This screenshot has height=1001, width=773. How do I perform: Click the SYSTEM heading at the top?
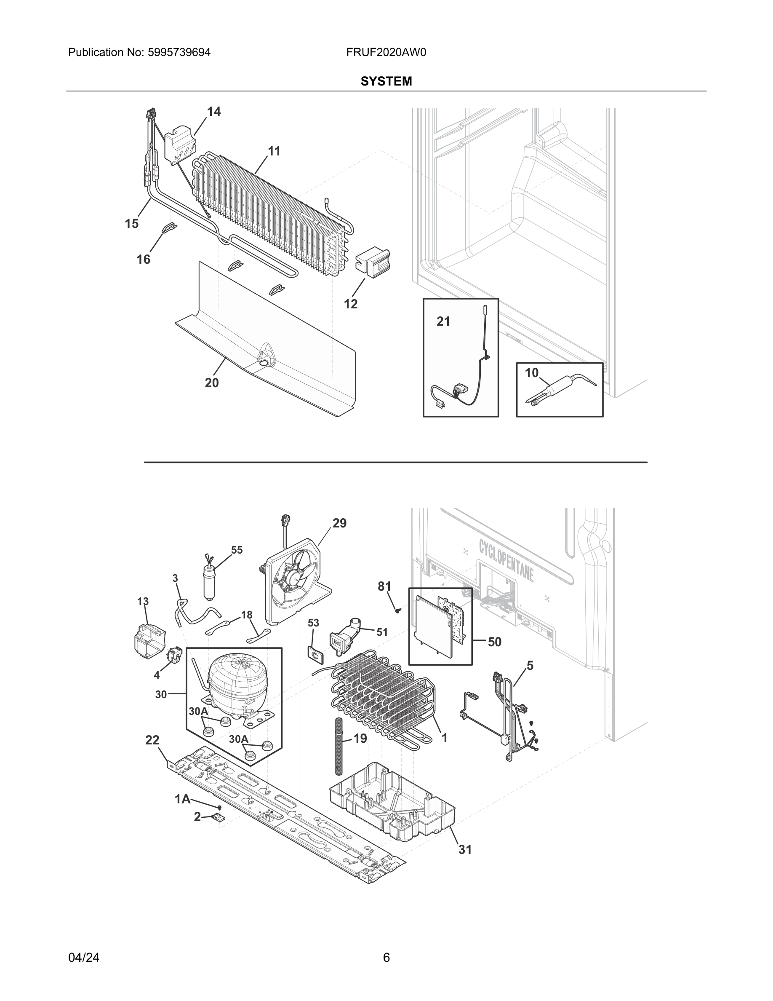[x=386, y=81]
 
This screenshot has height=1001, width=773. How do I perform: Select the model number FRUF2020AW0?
[x=386, y=52]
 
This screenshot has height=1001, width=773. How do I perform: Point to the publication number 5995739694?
[x=179, y=52]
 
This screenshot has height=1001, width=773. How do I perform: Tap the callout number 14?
[x=214, y=111]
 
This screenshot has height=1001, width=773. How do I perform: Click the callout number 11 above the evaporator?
[x=274, y=151]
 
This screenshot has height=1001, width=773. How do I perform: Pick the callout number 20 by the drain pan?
[x=212, y=383]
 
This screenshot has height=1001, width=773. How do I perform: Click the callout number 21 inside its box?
[x=443, y=321]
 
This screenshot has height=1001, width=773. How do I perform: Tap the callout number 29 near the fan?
[x=339, y=523]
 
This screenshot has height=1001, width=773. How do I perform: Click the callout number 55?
[x=237, y=549]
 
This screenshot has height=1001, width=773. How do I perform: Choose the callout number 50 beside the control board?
[x=495, y=642]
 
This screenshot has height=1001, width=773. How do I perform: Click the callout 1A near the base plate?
[x=182, y=799]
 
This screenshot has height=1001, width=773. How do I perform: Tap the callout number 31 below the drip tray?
[x=465, y=849]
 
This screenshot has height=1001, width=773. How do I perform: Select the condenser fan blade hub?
[x=289, y=581]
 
